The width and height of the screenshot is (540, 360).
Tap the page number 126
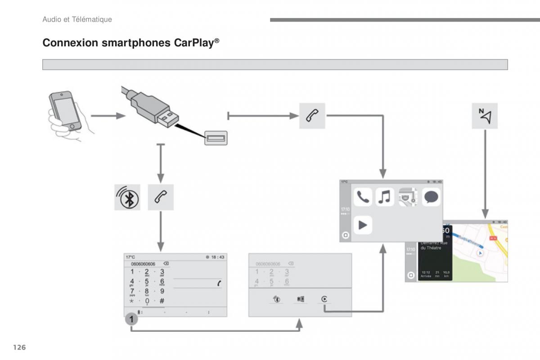[x=19, y=347]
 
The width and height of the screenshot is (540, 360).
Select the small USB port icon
[x=216, y=137]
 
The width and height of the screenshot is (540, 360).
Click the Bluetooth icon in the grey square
[x=127, y=197]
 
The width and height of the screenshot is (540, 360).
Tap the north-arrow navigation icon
[x=485, y=116]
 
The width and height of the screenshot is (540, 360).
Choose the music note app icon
[x=385, y=197]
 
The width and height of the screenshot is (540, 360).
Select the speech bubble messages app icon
[x=431, y=197]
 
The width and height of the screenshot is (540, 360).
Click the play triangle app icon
[x=363, y=225]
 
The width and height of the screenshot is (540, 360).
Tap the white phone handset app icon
[x=362, y=197]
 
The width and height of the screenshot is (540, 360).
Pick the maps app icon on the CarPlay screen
[x=408, y=197]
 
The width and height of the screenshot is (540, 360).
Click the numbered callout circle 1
[x=131, y=319]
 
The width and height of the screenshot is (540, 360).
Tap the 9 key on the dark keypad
[x=162, y=291]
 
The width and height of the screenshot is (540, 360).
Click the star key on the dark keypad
[x=132, y=301]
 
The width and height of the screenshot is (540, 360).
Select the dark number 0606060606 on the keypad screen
[x=143, y=264]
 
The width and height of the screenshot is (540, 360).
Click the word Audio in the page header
[x=51, y=19]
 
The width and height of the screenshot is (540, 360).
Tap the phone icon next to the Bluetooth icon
[x=161, y=197]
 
